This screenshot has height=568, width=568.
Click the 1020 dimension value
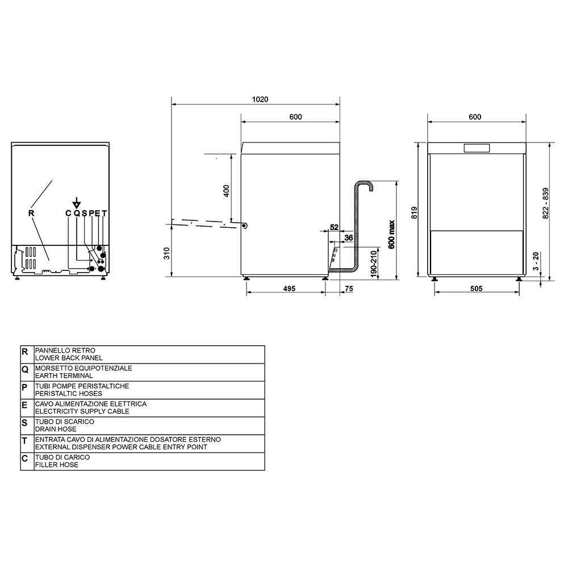[260, 99]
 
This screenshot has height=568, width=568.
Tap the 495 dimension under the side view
[289, 289]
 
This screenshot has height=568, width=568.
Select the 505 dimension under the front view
[477, 289]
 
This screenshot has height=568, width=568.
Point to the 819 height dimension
[415, 212]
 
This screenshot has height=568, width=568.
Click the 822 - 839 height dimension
[546, 203]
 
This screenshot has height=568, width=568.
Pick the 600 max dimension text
[391, 235]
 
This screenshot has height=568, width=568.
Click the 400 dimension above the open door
[227, 191]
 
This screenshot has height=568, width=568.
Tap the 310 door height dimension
[166, 253]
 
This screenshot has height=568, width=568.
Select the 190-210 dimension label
[374, 264]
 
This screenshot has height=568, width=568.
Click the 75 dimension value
[349, 289]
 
